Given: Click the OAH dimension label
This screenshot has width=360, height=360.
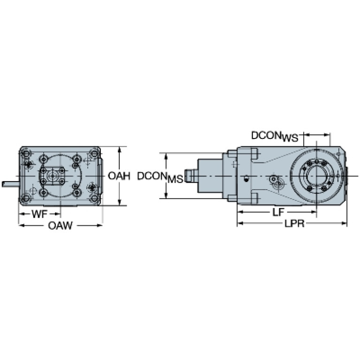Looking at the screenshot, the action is click(x=119, y=176).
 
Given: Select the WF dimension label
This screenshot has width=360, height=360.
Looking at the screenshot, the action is click(x=39, y=214).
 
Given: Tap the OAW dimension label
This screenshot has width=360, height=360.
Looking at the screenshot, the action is click(x=60, y=226).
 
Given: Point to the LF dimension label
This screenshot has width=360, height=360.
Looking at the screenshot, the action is click(x=278, y=212).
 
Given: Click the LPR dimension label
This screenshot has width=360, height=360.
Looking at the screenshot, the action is click(x=295, y=223).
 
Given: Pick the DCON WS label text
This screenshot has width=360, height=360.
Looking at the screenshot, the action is click(x=275, y=137).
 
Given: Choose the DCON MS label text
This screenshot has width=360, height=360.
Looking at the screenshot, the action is click(x=160, y=177).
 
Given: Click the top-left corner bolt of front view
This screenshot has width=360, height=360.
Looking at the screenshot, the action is click(x=26, y=153).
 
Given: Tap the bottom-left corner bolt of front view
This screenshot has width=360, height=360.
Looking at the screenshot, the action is click(x=26, y=198).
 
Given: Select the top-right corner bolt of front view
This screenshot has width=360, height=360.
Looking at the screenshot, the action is click(x=94, y=153).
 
